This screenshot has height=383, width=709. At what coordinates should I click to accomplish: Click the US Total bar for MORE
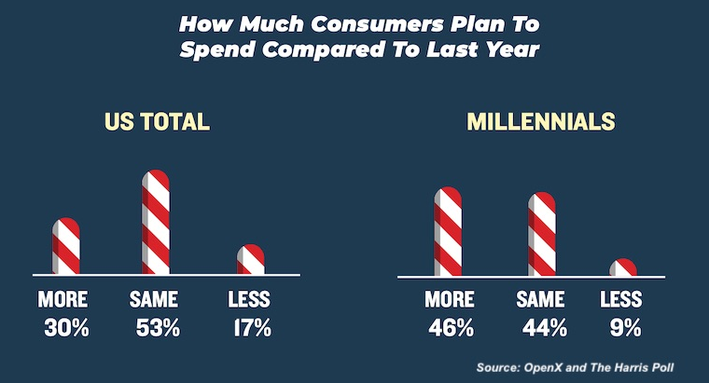click(65, 247)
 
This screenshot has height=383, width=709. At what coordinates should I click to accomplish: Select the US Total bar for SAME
click(155, 223)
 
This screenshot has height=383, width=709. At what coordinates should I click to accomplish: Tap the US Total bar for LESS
click(250, 260)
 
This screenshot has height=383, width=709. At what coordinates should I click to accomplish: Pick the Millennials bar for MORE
click(448, 232)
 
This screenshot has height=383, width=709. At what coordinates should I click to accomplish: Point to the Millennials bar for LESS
click(623, 268)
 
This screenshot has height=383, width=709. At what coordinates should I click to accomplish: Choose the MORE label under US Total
click(63, 300)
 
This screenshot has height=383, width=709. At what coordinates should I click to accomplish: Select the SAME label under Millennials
click(542, 300)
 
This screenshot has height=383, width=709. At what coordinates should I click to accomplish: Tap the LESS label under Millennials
click(621, 300)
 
